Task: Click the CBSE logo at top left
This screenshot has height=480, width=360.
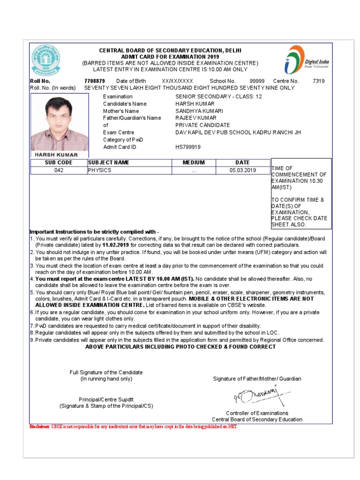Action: tap(46, 60)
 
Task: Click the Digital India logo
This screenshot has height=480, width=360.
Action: tap(307, 60)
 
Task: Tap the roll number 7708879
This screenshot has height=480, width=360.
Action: tap(94, 81)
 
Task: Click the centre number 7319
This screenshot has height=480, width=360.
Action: tap(318, 81)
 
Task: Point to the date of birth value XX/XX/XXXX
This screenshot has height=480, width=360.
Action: tap(177, 81)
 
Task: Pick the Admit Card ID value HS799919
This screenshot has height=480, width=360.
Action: tap(188, 147)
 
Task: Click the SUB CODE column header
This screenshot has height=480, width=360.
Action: tap(59, 163)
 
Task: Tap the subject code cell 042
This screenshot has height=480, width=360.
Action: tap(59, 171)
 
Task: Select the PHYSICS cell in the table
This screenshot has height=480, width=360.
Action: tap(99, 171)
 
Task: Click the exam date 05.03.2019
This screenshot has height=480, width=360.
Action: tap(242, 171)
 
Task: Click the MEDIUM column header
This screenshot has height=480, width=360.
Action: tap(194, 163)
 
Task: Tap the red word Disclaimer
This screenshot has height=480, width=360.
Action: tap(39, 427)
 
